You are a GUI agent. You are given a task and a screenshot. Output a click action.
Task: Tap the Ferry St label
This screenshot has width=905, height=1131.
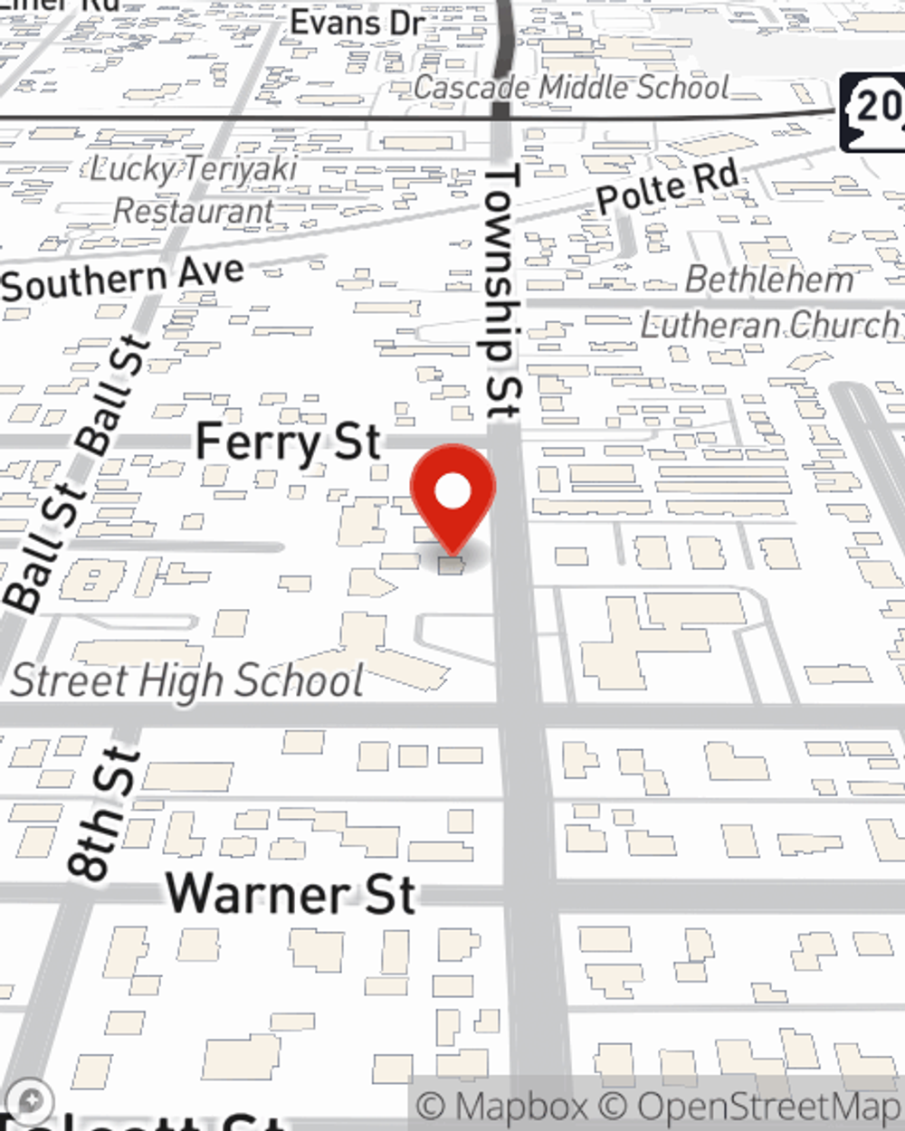[x=288, y=442]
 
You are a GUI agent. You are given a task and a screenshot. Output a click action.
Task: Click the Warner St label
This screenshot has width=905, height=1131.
[x=291, y=894]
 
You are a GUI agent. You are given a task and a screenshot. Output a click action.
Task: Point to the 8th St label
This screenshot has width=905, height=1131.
[x=104, y=814]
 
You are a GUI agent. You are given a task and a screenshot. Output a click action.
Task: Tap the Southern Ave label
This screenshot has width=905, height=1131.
[x=123, y=279]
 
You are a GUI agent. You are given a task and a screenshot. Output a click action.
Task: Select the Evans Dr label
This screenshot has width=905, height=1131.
[x=357, y=24]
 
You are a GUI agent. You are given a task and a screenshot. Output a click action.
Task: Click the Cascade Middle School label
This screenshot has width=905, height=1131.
[x=571, y=88]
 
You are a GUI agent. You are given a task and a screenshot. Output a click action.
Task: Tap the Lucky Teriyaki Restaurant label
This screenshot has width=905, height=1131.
[x=194, y=189]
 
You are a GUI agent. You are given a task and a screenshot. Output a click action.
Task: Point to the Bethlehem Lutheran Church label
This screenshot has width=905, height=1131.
[x=769, y=302]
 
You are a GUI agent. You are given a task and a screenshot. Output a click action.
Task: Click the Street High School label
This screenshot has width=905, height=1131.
[x=187, y=680]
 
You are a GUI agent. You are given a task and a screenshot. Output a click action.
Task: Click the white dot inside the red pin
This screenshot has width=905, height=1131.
[x=452, y=491]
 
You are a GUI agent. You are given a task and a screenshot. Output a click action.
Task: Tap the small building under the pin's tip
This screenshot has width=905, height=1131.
[x=451, y=566]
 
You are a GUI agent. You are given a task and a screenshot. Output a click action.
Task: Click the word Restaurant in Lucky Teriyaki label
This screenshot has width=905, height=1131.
[x=194, y=211]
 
